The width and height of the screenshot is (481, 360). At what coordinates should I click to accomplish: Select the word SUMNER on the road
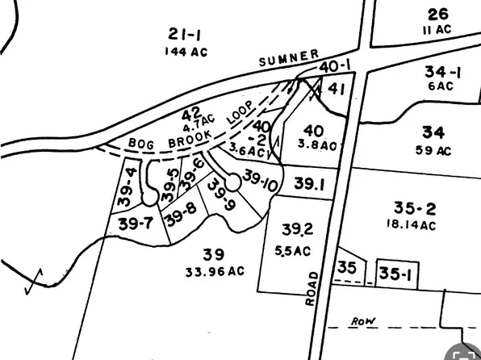289,59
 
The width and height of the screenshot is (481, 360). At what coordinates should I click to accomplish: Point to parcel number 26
437,14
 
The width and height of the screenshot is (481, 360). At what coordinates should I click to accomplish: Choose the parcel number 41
337,89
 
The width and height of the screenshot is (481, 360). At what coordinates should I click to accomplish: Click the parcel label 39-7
135,223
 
